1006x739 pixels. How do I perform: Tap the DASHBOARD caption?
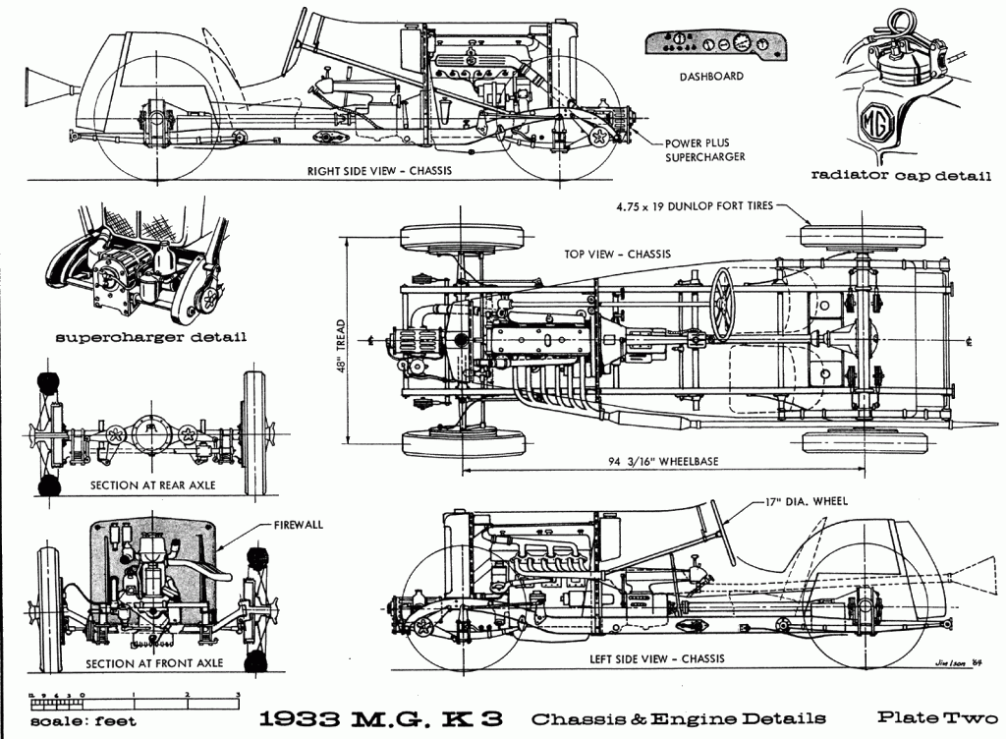710,76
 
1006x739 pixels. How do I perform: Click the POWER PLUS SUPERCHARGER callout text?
704,149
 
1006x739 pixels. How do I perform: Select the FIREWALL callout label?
298,525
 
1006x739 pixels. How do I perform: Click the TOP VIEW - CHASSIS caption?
617,254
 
